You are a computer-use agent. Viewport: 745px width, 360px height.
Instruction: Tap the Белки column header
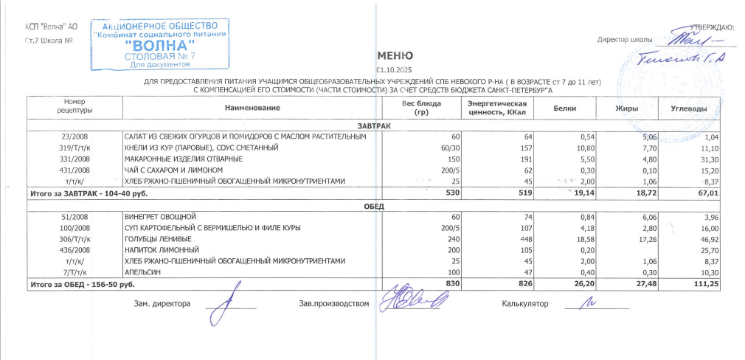coord(565,109)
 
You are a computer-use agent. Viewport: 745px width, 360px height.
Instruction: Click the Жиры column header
coord(626,109)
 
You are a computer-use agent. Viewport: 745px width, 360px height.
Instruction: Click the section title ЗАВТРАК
coord(374,126)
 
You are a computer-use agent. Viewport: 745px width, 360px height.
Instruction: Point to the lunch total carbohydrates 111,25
coord(704,283)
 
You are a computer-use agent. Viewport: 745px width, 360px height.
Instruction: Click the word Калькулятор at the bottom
coord(525,304)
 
